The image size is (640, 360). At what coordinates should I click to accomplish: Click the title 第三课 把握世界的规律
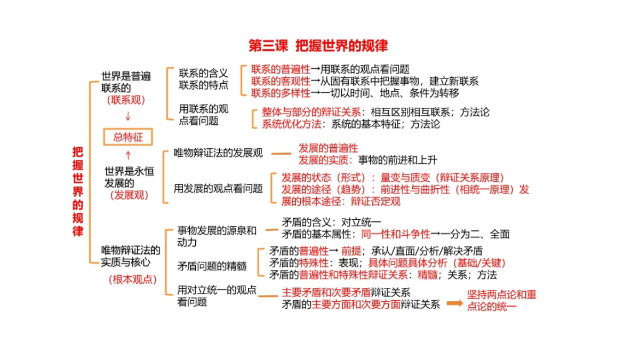pos(318,46)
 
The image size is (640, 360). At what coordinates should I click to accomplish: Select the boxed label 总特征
pos(127,137)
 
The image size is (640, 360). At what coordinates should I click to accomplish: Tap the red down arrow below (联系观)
pos(128,116)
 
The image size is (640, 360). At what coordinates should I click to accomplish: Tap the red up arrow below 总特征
pos(129,155)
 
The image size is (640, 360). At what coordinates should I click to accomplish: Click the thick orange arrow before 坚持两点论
pos(454,303)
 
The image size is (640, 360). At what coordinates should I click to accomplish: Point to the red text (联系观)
pos(126,100)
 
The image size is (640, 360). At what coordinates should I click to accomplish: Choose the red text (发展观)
pos(129,195)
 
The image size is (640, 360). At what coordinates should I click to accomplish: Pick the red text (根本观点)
pos(133,279)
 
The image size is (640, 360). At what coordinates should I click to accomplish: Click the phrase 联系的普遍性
pos(281,69)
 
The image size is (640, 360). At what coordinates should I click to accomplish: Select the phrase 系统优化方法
pos(291,124)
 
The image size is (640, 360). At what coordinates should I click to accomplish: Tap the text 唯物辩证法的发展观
pos(218,153)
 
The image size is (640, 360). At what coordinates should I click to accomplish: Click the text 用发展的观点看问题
pos(218,189)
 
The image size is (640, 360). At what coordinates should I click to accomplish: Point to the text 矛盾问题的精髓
pos(212,266)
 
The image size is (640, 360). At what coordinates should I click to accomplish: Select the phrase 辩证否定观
pos(375,202)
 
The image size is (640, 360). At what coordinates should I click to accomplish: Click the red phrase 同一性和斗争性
pos(396,234)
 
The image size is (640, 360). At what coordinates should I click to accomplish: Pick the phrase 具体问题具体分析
pos(407,263)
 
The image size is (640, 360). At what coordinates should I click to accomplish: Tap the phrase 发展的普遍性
pos(329,148)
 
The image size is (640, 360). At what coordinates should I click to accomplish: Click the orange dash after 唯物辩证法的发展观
pos(281,154)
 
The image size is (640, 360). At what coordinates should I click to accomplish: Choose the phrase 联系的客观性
pos(281,82)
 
